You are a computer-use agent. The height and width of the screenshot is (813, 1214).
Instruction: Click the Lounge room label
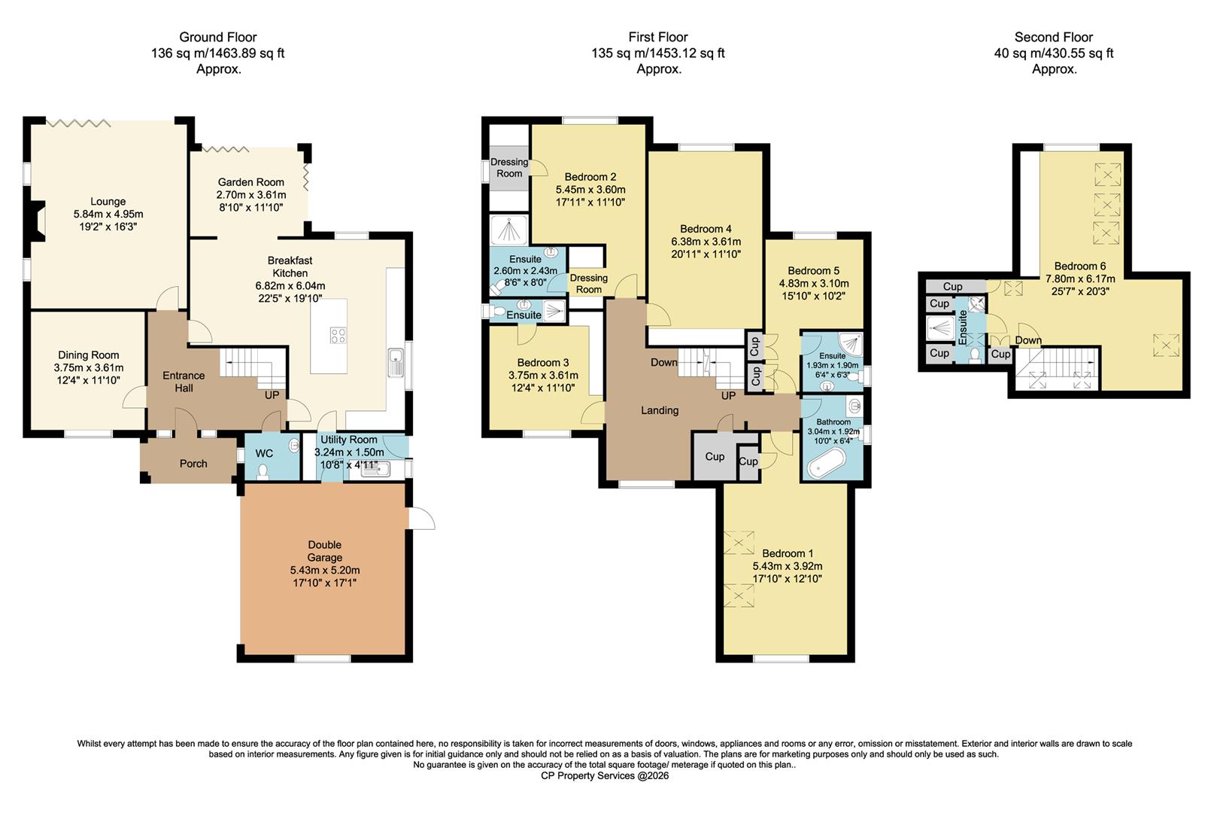(108, 202)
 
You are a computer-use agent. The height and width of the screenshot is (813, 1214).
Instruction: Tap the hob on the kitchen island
(338, 336)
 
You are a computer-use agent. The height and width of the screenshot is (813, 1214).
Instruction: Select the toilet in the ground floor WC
(263, 471)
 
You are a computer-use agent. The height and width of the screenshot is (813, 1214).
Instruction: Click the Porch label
(193, 464)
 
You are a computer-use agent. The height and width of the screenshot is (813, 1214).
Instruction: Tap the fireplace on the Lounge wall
(38, 223)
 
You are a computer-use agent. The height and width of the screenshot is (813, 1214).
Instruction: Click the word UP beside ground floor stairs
(272, 394)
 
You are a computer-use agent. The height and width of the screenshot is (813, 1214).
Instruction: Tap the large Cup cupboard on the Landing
(714, 456)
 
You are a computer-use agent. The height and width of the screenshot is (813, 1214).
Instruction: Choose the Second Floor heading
(1053, 37)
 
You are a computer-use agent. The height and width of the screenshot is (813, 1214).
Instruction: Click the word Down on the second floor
(1028, 340)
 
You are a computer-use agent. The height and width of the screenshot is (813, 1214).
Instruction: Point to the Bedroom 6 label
(1080, 266)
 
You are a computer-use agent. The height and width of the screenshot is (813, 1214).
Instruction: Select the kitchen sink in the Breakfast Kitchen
(396, 364)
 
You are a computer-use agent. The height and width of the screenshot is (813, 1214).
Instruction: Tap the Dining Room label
(89, 355)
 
